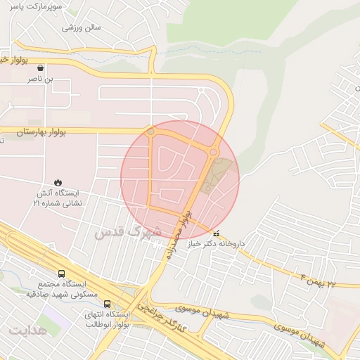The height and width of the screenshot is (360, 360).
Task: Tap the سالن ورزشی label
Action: click(x=82, y=28)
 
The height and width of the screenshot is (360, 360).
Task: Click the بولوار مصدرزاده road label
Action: click(x=176, y=235)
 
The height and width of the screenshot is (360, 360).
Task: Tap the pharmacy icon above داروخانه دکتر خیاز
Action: click(x=216, y=233)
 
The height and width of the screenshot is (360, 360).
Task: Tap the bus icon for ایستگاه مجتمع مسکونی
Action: click(x=61, y=274)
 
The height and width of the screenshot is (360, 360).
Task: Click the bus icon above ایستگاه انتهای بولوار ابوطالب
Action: click(x=107, y=304)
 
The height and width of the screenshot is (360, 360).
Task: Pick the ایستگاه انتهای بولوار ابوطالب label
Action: click(x=107, y=320)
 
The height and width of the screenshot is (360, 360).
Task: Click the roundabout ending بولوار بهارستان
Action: click(x=150, y=131)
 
